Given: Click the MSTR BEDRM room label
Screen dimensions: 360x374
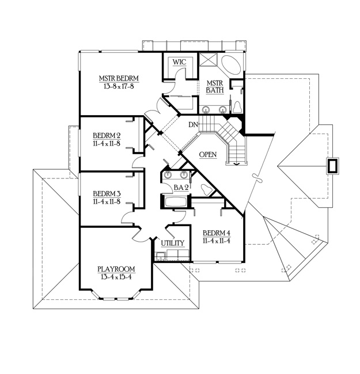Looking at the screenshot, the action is click(x=119, y=78).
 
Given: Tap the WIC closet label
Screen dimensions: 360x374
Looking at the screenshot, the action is click(x=179, y=62).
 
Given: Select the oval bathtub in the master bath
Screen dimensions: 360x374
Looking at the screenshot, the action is click(x=231, y=64).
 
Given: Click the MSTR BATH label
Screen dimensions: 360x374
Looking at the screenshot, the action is click(x=215, y=87).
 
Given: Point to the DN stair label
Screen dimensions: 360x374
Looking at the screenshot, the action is click(x=193, y=124).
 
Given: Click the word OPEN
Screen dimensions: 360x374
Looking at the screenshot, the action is click(x=208, y=155).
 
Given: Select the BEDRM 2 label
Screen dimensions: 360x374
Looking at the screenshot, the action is click(x=107, y=136).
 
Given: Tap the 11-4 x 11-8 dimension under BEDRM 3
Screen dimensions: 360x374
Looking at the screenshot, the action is click(x=107, y=202).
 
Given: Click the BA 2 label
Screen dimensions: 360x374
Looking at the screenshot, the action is click(x=181, y=188).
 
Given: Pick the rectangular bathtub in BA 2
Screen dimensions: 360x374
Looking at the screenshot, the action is click(x=176, y=202).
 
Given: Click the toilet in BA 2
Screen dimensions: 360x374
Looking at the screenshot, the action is click(x=206, y=189).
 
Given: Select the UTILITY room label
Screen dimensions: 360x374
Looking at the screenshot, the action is click(x=173, y=243).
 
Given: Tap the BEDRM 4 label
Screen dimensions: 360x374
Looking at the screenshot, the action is click(x=217, y=233).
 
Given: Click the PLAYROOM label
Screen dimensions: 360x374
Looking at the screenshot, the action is click(x=116, y=269).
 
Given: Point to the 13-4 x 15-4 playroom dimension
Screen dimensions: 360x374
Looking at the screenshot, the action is click(x=116, y=277).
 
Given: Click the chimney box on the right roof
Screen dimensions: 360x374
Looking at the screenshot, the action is click(x=332, y=165).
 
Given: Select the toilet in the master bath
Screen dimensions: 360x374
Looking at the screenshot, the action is click(x=237, y=107).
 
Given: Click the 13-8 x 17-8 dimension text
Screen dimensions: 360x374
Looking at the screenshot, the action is click(x=119, y=86).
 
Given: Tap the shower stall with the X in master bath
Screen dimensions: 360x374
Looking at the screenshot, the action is click(x=208, y=59).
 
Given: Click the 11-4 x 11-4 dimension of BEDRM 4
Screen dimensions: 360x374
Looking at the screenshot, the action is click(x=217, y=241).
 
